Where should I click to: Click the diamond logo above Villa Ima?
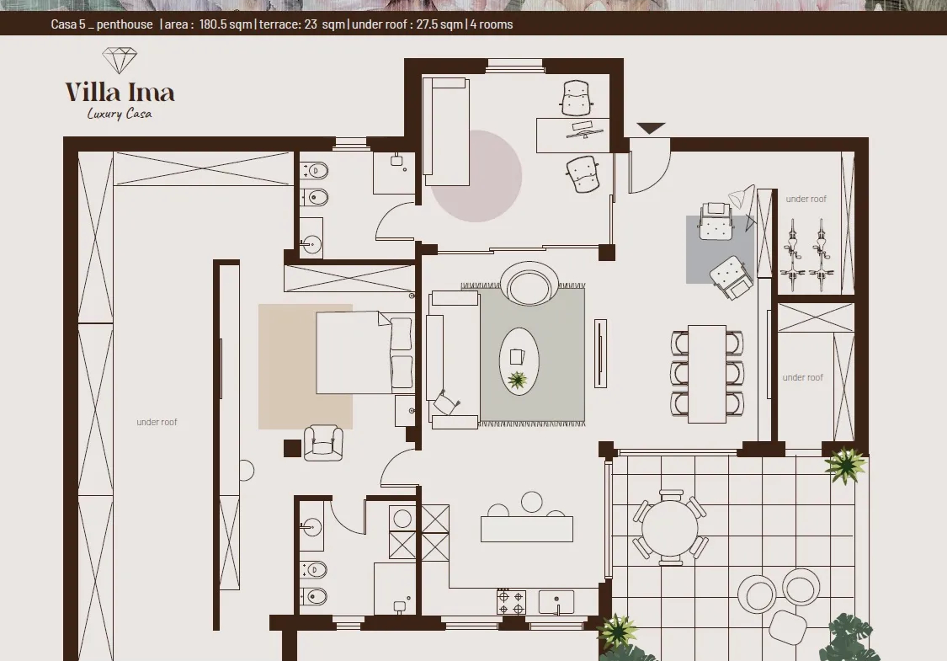[x=120, y=61]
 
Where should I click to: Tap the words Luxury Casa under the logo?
[x=120, y=114]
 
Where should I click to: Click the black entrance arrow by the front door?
[x=651, y=128]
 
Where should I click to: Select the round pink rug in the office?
[x=476, y=176]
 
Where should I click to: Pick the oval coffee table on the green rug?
[x=519, y=361]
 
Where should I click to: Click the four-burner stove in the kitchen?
[x=511, y=602]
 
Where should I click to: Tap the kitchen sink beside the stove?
[x=556, y=602]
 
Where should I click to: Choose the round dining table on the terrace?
[x=670, y=527]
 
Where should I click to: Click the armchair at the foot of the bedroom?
[x=323, y=443]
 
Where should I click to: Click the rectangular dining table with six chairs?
[x=706, y=374]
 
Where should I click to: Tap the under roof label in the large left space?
[x=157, y=423]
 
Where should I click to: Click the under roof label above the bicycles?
[x=806, y=199]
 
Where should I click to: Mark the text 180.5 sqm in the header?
[x=226, y=24]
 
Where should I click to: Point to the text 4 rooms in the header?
[x=492, y=24]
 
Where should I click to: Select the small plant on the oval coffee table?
[x=518, y=380]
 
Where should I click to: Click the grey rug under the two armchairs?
[x=721, y=249]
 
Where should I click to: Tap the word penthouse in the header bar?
[x=125, y=24]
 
